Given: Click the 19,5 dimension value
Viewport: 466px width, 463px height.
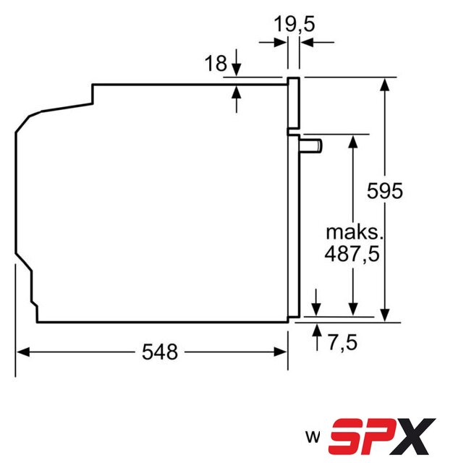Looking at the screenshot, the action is [x=294, y=24].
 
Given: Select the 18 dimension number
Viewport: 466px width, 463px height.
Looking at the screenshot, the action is [x=216, y=63].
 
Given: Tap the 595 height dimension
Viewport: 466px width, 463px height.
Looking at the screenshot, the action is [x=384, y=190].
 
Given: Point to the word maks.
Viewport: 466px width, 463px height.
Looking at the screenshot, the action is [x=355, y=232].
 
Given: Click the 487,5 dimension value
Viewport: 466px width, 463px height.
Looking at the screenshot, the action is [x=352, y=254].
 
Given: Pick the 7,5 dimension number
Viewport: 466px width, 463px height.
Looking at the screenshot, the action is [x=343, y=342].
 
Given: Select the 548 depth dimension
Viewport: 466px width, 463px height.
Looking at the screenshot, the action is [x=160, y=352].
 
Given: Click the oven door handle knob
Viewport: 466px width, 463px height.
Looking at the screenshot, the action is [x=311, y=146].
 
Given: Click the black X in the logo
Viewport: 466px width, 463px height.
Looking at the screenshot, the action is [x=414, y=436].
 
